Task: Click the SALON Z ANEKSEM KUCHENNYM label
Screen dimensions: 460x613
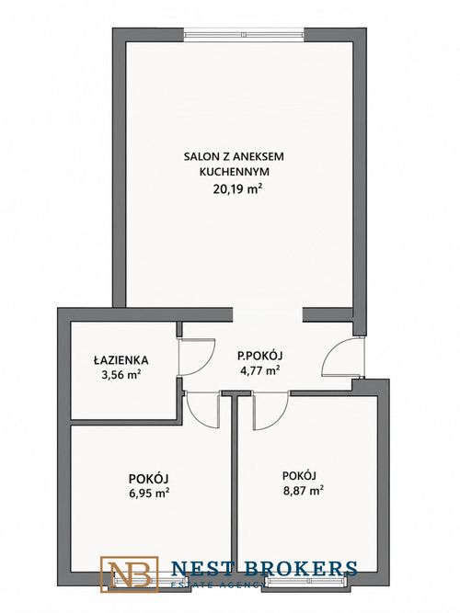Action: pyautogui.click(x=234, y=164)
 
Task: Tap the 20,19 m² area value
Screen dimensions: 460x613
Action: pyautogui.click(x=237, y=189)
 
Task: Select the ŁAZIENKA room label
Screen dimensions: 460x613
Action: pyautogui.click(x=121, y=359)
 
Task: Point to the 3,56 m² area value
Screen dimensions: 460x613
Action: pyautogui.click(x=121, y=375)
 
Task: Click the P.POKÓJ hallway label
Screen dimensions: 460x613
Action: pyautogui.click(x=260, y=356)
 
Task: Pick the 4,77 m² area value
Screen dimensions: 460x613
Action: pyautogui.click(x=260, y=369)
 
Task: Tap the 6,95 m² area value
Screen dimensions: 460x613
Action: pyautogui.click(x=149, y=493)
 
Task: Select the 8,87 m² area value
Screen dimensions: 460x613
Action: pyautogui.click(x=303, y=490)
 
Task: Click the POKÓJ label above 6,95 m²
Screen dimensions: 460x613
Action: pyautogui.click(x=148, y=478)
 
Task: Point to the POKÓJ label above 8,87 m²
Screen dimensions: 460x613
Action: pyautogui.click(x=299, y=475)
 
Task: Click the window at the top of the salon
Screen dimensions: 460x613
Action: pyautogui.click(x=244, y=34)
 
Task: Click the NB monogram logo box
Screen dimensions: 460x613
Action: pyautogui.click(x=129, y=574)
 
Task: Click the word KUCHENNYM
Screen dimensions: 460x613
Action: pyautogui.click(x=234, y=172)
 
